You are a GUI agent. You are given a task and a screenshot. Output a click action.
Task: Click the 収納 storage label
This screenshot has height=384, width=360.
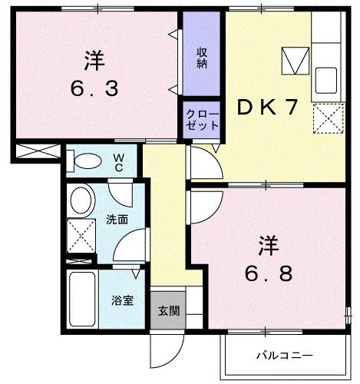(202, 58)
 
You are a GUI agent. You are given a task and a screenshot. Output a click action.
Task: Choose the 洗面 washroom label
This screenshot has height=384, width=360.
(117, 220)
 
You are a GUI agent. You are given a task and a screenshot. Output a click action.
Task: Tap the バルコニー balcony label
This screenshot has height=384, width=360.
(285, 356)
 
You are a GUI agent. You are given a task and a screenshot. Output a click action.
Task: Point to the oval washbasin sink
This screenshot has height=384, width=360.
(79, 202)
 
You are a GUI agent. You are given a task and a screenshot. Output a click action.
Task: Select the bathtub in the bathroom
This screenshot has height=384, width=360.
(81, 298)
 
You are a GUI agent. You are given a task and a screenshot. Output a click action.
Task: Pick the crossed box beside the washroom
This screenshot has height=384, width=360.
(77, 234)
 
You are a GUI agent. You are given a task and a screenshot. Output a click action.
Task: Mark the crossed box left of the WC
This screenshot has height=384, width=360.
(37, 150)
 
